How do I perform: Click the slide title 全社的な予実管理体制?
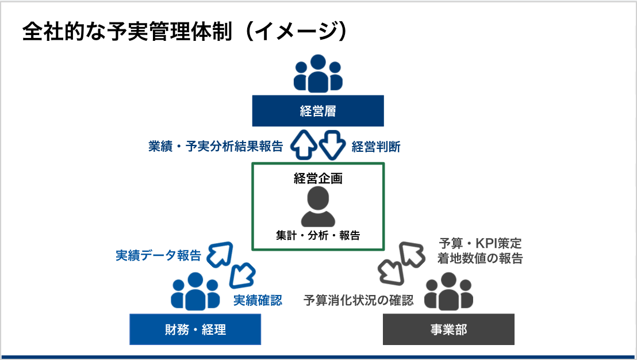(x=127, y=31)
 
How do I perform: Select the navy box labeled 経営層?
(x=318, y=111)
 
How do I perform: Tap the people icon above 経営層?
(x=318, y=74)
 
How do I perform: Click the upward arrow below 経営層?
(x=304, y=145)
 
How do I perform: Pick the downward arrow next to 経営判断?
(x=332, y=145)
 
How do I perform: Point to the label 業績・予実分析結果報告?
(x=216, y=146)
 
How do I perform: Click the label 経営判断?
(x=376, y=147)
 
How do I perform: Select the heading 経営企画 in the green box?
(x=318, y=178)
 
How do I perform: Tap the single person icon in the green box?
(x=318, y=206)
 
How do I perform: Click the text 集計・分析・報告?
(x=318, y=235)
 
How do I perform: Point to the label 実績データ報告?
(x=159, y=255)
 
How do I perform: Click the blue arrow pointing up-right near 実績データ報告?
(x=220, y=254)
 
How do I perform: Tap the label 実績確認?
(x=258, y=300)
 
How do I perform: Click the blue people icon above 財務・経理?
(x=195, y=292)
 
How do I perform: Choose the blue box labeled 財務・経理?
(x=195, y=329)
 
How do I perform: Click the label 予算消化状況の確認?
(x=358, y=300)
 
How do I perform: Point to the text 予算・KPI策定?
(x=480, y=243)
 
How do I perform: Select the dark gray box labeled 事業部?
(x=448, y=329)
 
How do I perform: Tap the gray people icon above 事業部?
(x=448, y=292)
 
